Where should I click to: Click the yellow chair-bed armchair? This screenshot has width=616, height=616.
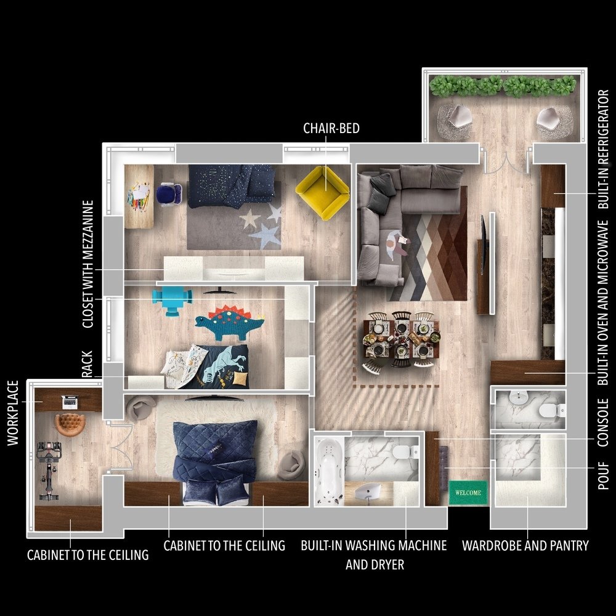click(323, 192)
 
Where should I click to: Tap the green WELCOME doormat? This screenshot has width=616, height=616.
click(468, 493)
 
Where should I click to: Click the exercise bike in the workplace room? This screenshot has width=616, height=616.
click(49, 471)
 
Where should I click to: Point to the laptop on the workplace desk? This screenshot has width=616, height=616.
click(70, 402)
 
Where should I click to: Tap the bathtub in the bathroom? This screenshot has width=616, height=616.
click(329, 471)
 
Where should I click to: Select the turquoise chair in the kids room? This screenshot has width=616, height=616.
click(172, 299)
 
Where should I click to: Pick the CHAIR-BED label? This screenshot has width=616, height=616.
click(331, 129)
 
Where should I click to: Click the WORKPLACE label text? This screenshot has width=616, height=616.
click(13, 413)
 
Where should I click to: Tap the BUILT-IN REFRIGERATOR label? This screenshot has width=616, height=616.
click(603, 149)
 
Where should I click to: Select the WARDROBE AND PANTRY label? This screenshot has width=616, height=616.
click(525, 546)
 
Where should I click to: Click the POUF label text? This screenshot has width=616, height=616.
click(603, 476)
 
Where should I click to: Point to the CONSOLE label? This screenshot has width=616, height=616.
click(603, 423)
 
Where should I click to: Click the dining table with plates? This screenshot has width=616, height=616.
click(401, 338)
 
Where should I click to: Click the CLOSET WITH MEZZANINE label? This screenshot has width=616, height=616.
click(88, 264)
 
